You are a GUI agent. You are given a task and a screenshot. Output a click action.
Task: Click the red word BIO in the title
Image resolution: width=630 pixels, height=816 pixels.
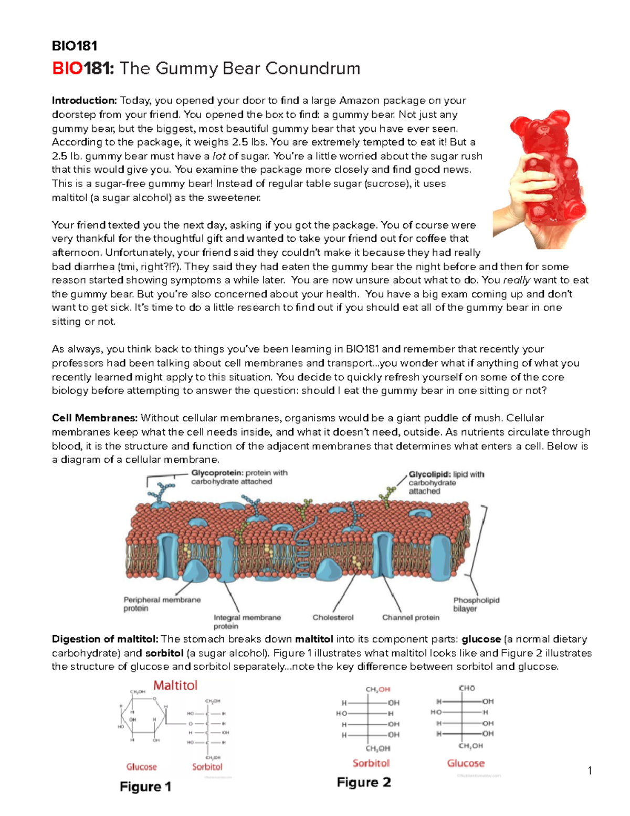tap(67, 68)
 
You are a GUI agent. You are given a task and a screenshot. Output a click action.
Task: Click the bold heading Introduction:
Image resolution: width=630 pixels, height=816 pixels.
tap(84, 100)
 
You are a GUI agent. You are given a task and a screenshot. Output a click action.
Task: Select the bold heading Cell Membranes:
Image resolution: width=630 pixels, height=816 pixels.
tap(94, 418)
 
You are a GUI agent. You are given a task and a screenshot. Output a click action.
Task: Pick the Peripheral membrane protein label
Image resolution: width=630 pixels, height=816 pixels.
tap(162, 604)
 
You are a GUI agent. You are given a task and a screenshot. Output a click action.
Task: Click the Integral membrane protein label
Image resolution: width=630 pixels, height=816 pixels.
tap(247, 622)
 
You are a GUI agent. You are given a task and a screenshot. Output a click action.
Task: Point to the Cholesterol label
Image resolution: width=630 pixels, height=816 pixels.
tap(333, 617)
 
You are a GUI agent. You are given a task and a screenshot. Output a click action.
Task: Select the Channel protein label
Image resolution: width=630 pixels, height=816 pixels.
tap(411, 617)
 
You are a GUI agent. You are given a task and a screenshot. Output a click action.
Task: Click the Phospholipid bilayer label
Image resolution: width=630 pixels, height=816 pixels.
tap(476, 604)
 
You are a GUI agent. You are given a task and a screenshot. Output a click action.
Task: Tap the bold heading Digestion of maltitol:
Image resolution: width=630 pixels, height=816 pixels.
tap(105, 639)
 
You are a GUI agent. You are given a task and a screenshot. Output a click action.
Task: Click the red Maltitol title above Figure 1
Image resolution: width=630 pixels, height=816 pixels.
tap(175, 685)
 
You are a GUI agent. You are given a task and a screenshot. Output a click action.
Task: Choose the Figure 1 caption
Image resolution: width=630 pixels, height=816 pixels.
tap(145, 787)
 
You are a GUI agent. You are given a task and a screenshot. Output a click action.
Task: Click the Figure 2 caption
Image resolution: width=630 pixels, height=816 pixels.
tap(364, 782)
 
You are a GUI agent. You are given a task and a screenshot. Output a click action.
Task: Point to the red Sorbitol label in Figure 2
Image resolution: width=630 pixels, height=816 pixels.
tap(371, 763)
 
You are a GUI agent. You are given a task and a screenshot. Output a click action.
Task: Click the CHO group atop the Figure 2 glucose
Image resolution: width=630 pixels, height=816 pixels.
tap(467, 688)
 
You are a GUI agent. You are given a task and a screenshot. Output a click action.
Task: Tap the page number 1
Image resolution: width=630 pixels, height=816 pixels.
tap(590, 771)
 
